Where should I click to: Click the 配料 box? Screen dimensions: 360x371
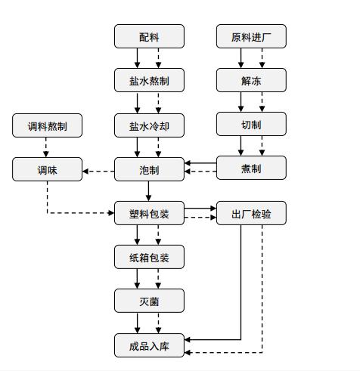click(149, 36)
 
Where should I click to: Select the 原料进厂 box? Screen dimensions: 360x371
click(251, 36)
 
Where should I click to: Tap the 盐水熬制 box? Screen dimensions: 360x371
click(149, 80)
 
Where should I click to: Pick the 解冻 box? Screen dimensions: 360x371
click(251, 80)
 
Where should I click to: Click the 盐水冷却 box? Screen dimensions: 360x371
click(149, 125)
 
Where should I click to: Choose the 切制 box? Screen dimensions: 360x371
click(251, 124)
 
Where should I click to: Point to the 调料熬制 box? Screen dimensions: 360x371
click(47, 125)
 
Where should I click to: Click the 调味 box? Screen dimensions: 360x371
click(47, 169)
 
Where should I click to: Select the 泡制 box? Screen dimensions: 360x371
click(149, 169)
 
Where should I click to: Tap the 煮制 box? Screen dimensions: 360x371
click(251, 168)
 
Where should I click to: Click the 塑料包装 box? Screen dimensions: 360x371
click(149, 213)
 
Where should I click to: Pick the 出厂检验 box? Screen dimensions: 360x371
click(251, 213)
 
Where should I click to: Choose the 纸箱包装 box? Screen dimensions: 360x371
click(149, 257)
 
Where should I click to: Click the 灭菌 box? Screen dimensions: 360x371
click(149, 301)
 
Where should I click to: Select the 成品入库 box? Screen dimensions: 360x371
click(149, 345)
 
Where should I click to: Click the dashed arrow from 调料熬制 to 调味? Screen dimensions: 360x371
click(46, 147)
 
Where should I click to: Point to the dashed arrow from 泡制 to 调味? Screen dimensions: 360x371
click(98, 172)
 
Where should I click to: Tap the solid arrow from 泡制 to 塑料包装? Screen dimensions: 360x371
click(148, 191)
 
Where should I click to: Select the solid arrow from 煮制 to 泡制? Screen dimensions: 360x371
click(200, 163)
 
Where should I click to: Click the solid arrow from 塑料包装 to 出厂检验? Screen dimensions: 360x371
click(200, 209)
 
